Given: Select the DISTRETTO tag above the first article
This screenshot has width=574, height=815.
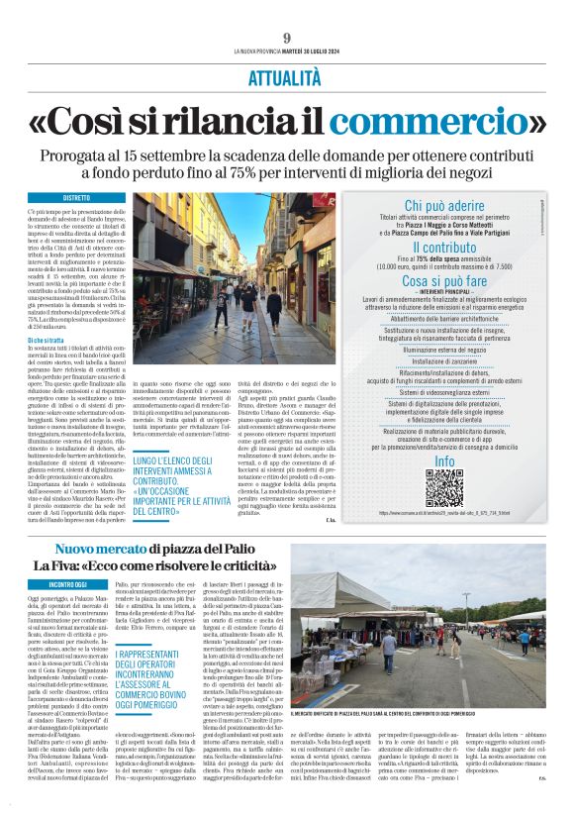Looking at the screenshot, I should tap(76, 198).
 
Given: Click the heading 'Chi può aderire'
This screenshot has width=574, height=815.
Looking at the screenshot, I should tap(443, 205).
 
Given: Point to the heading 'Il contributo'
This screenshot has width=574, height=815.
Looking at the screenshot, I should tap(443, 247).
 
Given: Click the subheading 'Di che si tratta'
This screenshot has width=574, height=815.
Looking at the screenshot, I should tap(48, 340).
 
